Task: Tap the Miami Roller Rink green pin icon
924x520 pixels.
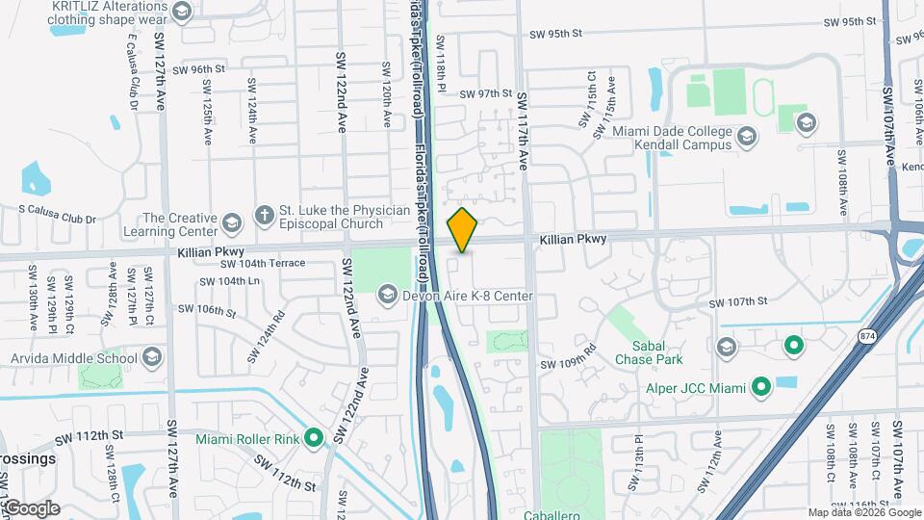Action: tap(314, 439)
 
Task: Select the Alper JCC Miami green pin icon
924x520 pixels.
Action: tap(761, 388)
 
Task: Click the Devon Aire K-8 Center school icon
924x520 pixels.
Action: tap(388, 295)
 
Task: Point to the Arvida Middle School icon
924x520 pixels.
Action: tap(151, 359)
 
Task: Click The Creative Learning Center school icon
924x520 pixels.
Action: tap(232, 224)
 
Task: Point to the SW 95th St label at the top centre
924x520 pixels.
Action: tap(555, 34)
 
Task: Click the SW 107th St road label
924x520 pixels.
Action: tap(738, 302)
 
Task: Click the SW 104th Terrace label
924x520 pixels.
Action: tap(263, 263)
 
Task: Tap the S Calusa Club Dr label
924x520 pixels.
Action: tap(59, 219)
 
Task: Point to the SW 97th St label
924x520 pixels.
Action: tap(486, 93)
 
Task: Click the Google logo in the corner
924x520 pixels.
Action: tap(31, 507)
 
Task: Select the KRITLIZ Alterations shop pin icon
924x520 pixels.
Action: tap(183, 11)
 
